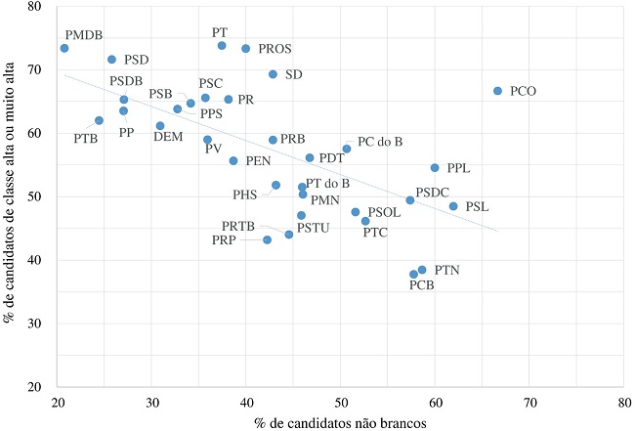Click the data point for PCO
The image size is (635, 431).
[497, 91]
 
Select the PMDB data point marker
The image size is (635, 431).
[63, 48]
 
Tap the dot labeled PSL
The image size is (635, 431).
[452, 206]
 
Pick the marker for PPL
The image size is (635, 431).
[435, 168]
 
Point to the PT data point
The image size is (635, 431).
[222, 46]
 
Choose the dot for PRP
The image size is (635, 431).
[267, 239]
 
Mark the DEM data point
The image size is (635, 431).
[160, 125]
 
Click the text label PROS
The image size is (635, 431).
[275, 48]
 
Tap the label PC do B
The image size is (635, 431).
[380, 142]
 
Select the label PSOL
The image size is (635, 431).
[384, 211]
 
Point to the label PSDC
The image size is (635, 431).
[433, 192]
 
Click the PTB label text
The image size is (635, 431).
[85, 138]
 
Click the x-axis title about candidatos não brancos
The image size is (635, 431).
[340, 422]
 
